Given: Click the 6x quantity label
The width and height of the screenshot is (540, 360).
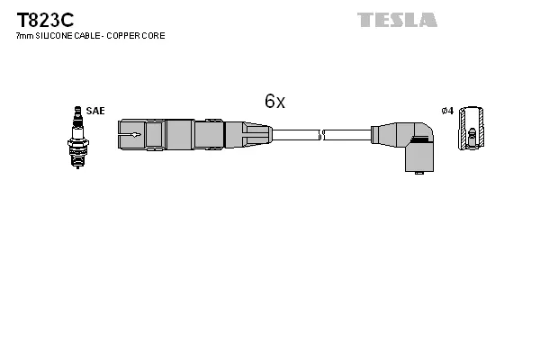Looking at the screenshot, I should coord(274,102).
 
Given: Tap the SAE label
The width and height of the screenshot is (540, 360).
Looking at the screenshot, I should coord(95,111).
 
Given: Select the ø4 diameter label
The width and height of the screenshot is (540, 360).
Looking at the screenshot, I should coord(447,111).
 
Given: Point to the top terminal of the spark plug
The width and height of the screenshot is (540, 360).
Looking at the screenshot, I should coord(76,111).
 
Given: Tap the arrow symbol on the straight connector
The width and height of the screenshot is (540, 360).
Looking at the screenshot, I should coord(132,136).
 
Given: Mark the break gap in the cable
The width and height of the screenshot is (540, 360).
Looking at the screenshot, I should coord(322,136).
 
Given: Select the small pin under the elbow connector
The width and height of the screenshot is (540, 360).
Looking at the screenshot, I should coord(417,172).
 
